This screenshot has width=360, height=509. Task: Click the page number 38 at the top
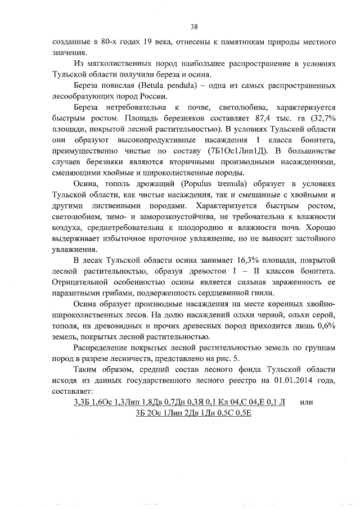(194, 26)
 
